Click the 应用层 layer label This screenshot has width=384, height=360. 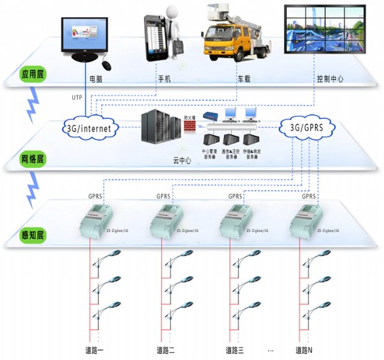(x=30, y=73)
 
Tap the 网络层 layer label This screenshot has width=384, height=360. (x=30, y=157)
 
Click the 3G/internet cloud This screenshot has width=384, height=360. (x=90, y=127)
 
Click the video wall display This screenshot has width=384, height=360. (x=325, y=29)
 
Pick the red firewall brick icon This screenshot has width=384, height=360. (x=189, y=126)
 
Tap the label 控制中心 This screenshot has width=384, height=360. (x=331, y=80)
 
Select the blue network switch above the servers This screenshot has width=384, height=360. (x=211, y=117)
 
